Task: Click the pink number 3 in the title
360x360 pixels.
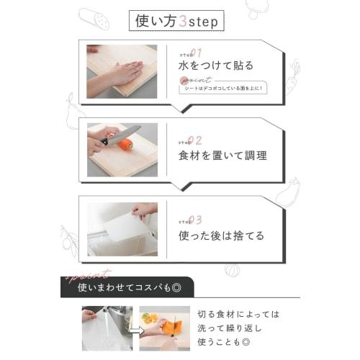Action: tap(184, 20)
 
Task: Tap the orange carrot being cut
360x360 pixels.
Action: tap(127, 144)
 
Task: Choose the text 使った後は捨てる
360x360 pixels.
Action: tap(221, 235)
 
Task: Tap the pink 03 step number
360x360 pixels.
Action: tap(196, 220)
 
